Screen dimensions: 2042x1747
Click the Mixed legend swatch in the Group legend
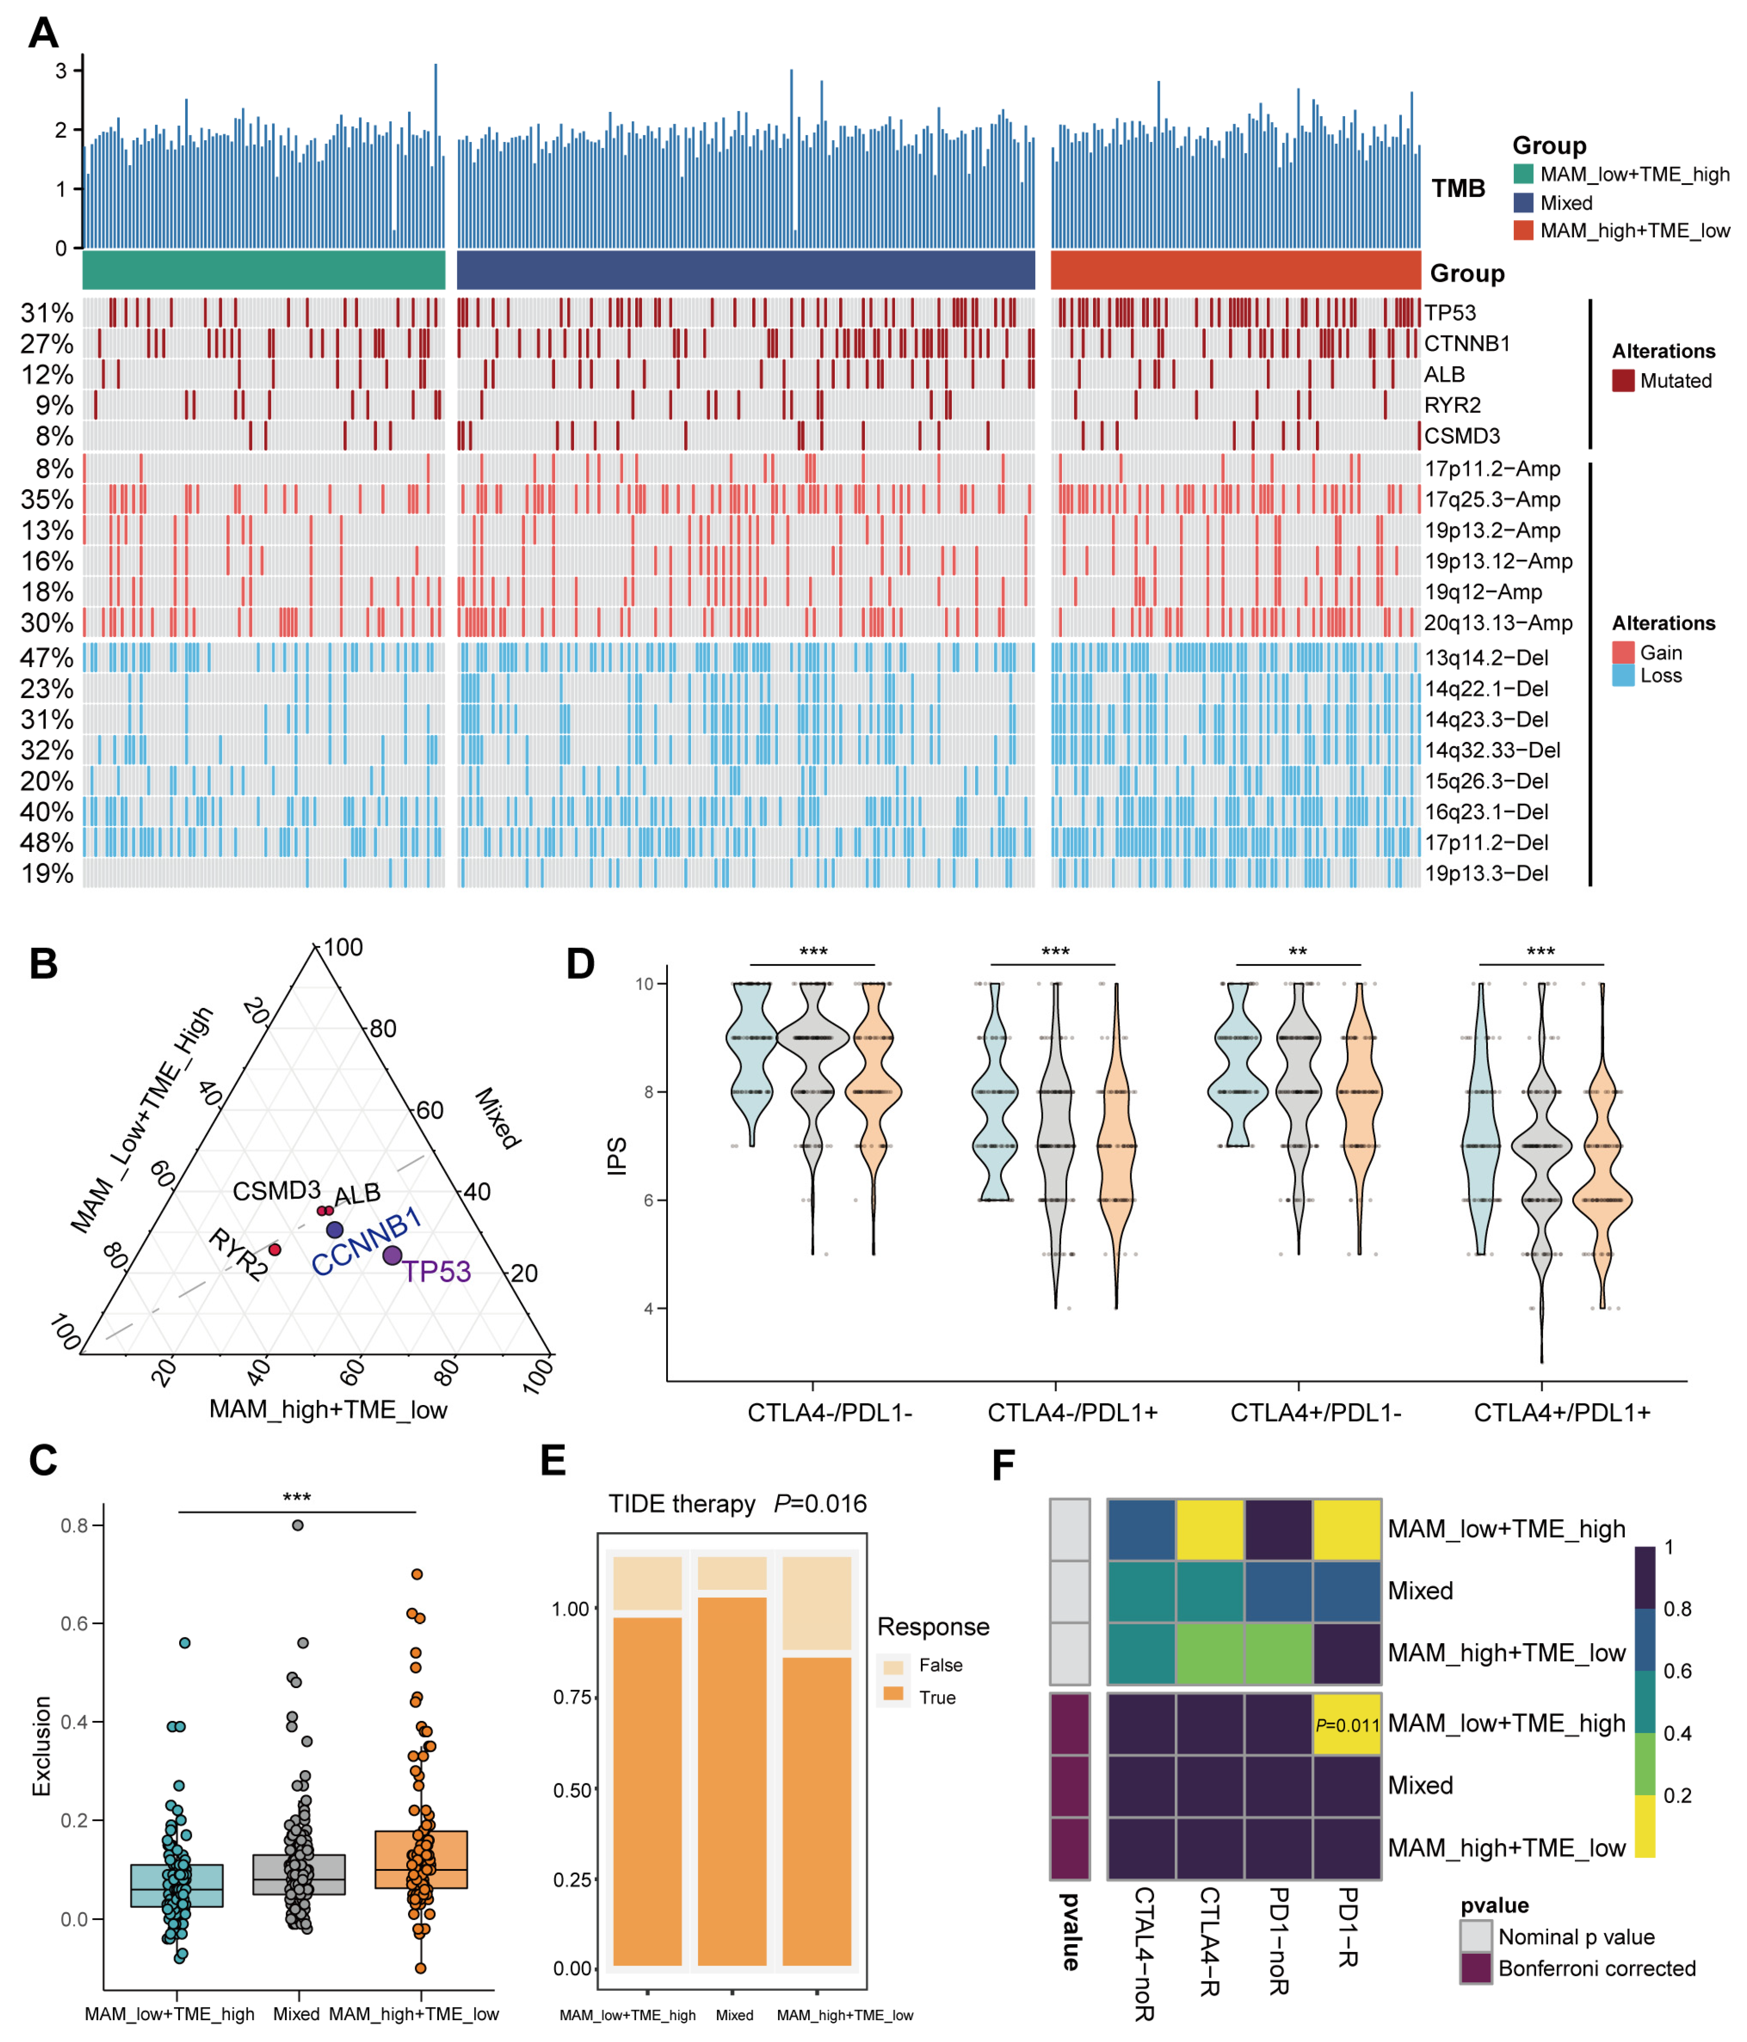pos(1523,203)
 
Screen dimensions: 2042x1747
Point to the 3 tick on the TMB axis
pos(61,71)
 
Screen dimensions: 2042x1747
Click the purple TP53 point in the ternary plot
pos(392,1255)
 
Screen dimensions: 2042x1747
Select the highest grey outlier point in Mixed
pos(298,1526)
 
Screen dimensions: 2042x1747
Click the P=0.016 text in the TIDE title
pos(820,1504)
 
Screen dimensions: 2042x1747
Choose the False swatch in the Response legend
pos(893,1665)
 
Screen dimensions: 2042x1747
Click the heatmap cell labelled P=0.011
pos(1347,1725)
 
